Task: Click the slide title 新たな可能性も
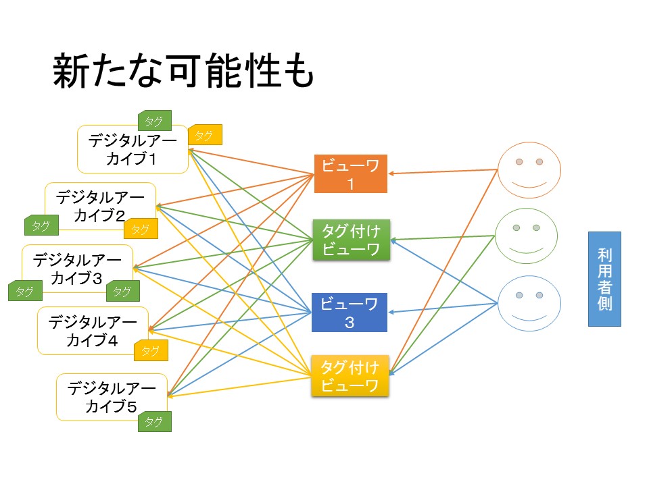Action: (183, 71)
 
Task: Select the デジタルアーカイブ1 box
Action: (133, 149)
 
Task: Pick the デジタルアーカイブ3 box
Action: (77, 269)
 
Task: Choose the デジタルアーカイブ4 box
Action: (93, 331)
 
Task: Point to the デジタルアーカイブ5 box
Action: (112, 397)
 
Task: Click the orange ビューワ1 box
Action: (351, 173)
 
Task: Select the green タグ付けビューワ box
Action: (351, 240)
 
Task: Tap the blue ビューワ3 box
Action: (350, 313)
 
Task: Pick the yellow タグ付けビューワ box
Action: (350, 376)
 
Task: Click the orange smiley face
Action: (529, 170)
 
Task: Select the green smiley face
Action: (527, 236)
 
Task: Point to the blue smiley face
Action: (529, 303)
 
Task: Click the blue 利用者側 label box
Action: (604, 279)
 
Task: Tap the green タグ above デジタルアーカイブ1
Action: (154, 120)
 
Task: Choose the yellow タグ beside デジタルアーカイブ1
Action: (205, 135)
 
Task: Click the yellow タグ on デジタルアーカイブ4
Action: (151, 350)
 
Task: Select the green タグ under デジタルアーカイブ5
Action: (154, 421)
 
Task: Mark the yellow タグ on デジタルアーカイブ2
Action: (141, 229)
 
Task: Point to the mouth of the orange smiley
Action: (529, 184)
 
